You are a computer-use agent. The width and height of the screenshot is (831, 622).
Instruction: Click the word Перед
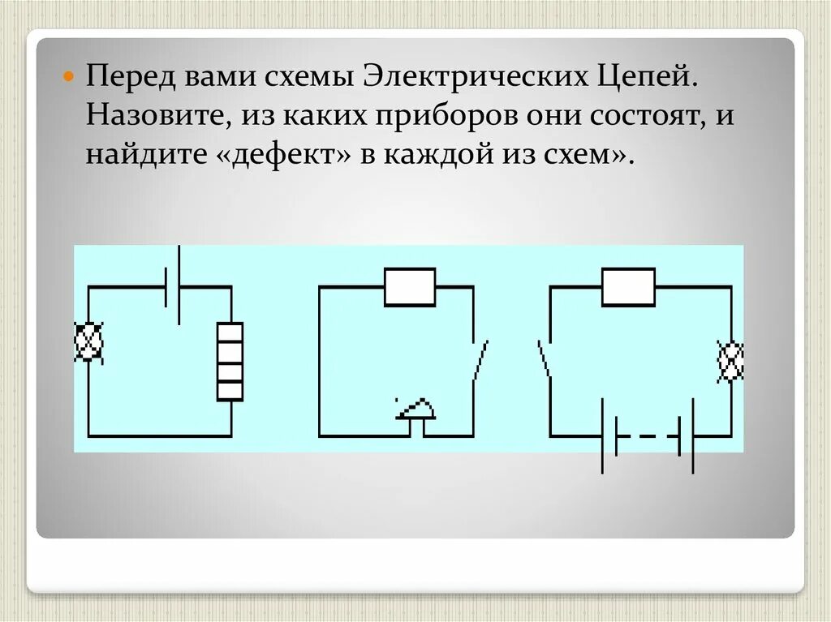coord(131,79)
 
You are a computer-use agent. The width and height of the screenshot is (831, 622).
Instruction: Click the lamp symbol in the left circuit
coord(88,341)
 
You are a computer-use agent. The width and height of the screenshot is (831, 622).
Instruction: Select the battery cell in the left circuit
coord(172,285)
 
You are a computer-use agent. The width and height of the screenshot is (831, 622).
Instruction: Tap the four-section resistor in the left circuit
coord(230,361)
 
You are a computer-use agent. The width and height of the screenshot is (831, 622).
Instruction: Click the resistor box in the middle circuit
coord(410,287)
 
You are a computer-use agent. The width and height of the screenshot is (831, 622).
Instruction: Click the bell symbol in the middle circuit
coord(415,410)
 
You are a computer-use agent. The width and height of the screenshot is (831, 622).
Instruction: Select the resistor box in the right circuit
coord(628,287)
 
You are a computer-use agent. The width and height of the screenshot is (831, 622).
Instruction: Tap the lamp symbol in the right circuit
coord(730,360)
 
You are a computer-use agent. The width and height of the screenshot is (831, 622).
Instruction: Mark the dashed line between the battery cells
coord(648,436)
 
